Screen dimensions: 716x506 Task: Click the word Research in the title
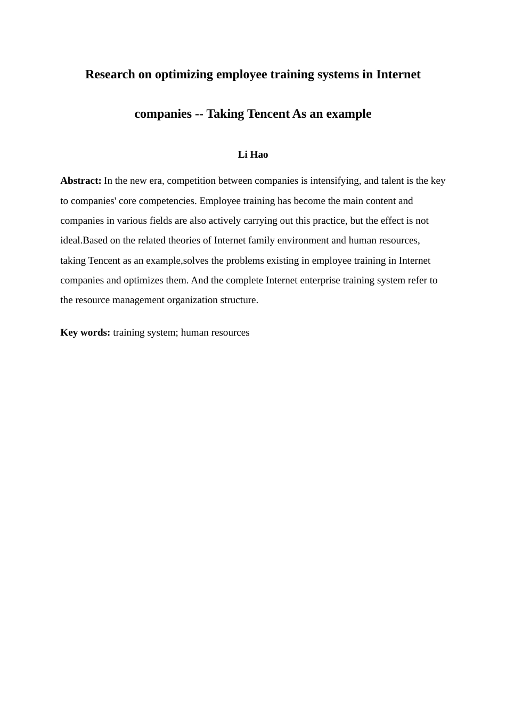coord(110,75)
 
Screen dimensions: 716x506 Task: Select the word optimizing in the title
coord(179,75)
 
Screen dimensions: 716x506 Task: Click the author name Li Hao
coord(253,154)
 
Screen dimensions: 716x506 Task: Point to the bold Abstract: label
coord(81,181)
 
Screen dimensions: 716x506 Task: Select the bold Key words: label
coord(85,332)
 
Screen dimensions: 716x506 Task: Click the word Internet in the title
coord(398,75)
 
